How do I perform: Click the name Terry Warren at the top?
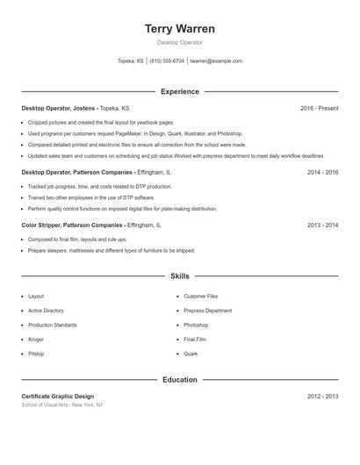(x=179, y=29)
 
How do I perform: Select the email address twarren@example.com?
(x=216, y=61)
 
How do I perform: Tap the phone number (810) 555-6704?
(x=167, y=61)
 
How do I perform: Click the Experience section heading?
(x=179, y=91)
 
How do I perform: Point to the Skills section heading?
(x=179, y=276)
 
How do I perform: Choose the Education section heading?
(x=179, y=380)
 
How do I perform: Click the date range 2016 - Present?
(x=319, y=108)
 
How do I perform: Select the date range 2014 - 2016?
(x=322, y=173)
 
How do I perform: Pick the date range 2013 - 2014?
(x=322, y=225)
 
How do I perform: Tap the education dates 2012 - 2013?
(x=322, y=397)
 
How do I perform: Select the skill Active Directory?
(x=46, y=311)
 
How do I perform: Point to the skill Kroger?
(x=36, y=340)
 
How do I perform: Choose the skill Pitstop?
(x=36, y=354)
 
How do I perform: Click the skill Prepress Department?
(x=208, y=311)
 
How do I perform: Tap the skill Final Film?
(x=195, y=340)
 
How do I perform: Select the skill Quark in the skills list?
(x=191, y=354)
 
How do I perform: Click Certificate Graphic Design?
(x=57, y=397)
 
